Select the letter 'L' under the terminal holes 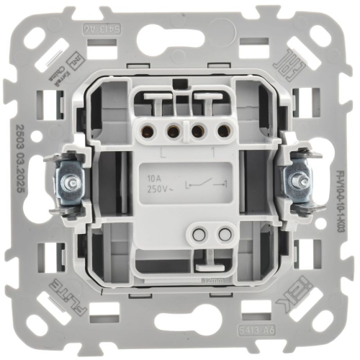165,153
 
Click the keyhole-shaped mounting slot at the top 180,40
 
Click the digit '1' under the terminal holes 214,153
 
